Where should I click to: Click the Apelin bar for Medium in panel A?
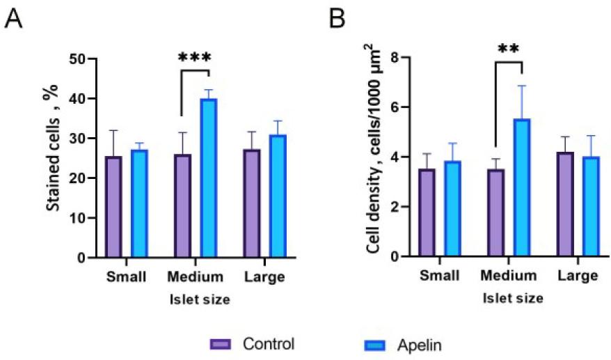pyautogui.click(x=209, y=178)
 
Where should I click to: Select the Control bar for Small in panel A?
pyautogui.click(x=113, y=207)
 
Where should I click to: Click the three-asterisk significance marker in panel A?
pyautogui.click(x=196, y=58)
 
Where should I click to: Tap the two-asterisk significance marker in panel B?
pyautogui.click(x=509, y=49)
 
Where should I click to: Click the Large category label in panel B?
pyautogui.click(x=578, y=276)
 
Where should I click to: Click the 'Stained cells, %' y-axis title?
pyautogui.click(x=49, y=157)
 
